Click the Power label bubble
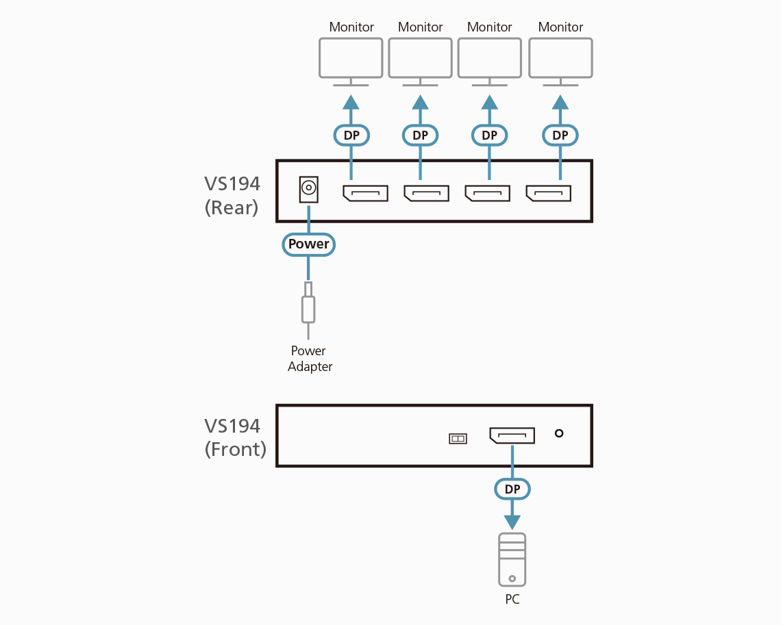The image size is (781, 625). point(308,244)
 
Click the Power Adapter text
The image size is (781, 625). point(310,359)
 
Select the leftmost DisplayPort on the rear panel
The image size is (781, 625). point(365,193)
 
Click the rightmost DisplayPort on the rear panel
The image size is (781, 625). point(549,193)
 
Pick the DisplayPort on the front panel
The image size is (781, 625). point(512,435)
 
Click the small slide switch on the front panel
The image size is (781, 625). point(458,438)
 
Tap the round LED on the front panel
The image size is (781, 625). point(559,433)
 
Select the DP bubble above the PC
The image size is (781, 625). point(512,489)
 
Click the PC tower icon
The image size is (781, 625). point(512,559)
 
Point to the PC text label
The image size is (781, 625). point(512,600)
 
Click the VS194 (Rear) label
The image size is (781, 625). point(232,196)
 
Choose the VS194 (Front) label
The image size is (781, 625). point(235,437)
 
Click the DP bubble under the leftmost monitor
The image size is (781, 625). point(351,136)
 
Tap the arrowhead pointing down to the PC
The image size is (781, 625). point(512,522)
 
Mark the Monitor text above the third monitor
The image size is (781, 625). point(489,27)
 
